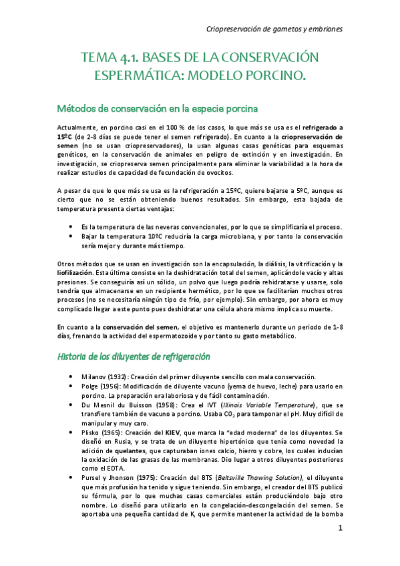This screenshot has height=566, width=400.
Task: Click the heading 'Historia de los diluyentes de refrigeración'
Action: click(134, 356)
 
